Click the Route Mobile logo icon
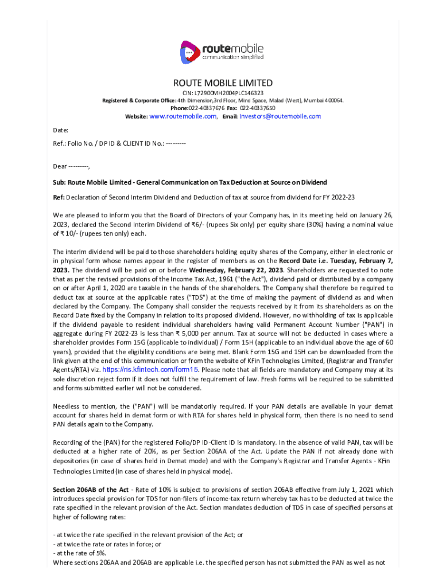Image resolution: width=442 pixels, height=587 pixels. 189,52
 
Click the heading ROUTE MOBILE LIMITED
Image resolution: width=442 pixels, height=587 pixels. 223,83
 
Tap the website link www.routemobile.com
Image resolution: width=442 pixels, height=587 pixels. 183,116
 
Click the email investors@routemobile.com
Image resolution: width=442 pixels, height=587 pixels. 280,116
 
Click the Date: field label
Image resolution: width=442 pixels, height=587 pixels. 61,131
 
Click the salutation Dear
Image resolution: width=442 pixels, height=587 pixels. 60,166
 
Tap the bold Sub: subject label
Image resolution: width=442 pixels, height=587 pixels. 60,182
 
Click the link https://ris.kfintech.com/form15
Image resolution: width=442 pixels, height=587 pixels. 150,370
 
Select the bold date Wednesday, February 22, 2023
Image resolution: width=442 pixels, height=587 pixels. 236,269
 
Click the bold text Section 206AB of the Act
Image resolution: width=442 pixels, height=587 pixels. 91,490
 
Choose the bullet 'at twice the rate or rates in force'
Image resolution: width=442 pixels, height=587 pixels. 107,544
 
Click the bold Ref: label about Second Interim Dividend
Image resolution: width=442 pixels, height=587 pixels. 59,198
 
